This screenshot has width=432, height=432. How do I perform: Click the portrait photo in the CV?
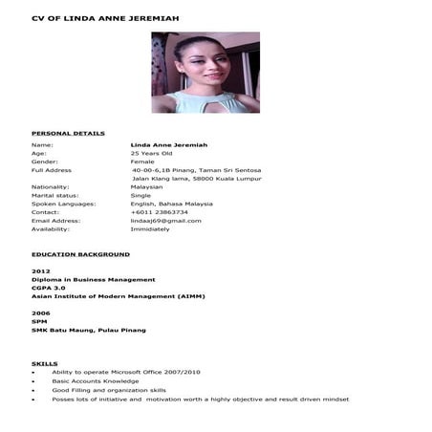pyautogui.click(x=205, y=74)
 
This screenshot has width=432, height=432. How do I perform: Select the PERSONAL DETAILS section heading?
pyautogui.click(x=68, y=133)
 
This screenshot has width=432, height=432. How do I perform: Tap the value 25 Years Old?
pyautogui.click(x=151, y=153)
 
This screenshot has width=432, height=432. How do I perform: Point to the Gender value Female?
pyautogui.click(x=142, y=162)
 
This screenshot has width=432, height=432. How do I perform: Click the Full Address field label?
pyautogui.click(x=52, y=170)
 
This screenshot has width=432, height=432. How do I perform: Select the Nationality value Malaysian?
pyautogui.click(x=147, y=186)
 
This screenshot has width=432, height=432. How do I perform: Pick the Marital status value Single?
pyautogui.click(x=140, y=195)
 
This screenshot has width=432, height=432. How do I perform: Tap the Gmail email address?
pyautogui.click(x=165, y=221)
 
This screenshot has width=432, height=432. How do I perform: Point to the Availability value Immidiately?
pyautogui.click(x=150, y=229)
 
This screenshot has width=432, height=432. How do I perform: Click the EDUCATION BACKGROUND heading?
pyautogui.click(x=80, y=254)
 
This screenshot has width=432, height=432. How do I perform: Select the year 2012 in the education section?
pyautogui.click(x=40, y=271)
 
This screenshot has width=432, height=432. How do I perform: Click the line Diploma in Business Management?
pyautogui.click(x=93, y=279)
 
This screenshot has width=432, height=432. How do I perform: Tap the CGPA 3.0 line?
pyautogui.click(x=49, y=288)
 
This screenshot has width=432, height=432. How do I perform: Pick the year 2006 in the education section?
pyautogui.click(x=40, y=313)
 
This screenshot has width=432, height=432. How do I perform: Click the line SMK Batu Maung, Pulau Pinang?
pyautogui.click(x=89, y=330)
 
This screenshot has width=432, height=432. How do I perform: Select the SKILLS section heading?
pyautogui.click(x=45, y=363)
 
